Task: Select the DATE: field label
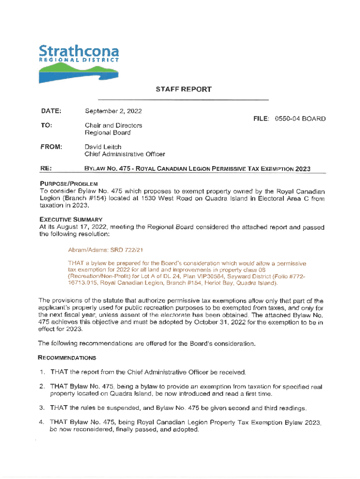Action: [x=51, y=111]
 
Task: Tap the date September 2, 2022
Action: [x=113, y=111]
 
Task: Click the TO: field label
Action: [x=47, y=125]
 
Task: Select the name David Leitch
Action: [x=103, y=147]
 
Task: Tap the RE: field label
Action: [x=46, y=169]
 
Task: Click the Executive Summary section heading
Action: [x=71, y=220]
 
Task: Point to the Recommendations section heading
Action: [x=67, y=358]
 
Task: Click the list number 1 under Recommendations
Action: [x=42, y=372]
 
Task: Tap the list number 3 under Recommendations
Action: [x=42, y=408]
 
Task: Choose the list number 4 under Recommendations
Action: [x=42, y=422]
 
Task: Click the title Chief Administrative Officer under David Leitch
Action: [x=124, y=154]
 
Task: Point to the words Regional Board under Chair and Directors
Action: [x=108, y=133]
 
